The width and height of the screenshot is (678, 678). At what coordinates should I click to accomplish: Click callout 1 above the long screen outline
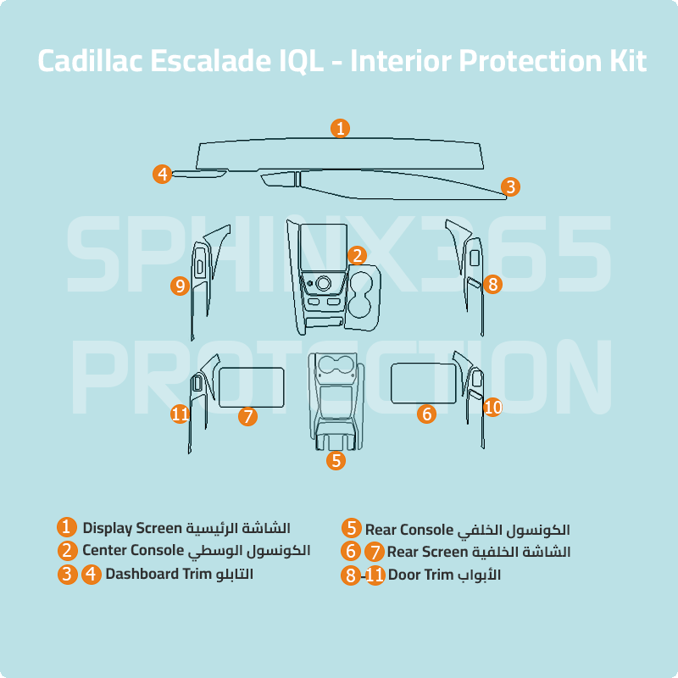[x=340, y=129]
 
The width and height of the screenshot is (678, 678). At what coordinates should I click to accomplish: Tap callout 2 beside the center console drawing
[x=358, y=255]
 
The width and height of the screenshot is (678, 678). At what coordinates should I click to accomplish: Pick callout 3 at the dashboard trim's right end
[x=509, y=186]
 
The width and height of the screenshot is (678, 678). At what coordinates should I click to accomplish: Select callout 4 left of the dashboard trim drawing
[x=163, y=175]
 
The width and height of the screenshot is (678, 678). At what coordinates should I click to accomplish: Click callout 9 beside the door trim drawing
[x=179, y=286]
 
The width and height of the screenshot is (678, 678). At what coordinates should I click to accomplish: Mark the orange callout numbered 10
[x=492, y=408]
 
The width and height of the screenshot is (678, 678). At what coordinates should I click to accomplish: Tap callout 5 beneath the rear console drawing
[x=337, y=461]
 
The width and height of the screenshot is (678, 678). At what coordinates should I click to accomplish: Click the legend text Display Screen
[x=132, y=528]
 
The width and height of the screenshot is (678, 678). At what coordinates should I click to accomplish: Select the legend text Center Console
[x=133, y=551]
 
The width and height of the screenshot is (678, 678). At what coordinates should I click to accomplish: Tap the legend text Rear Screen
[x=427, y=552]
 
